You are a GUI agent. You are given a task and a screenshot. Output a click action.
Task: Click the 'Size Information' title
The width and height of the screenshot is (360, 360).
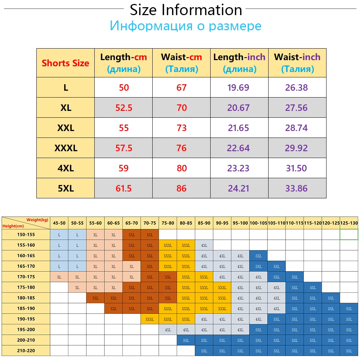(186, 10)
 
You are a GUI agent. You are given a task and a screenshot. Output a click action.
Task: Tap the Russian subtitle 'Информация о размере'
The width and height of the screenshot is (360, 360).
(186, 26)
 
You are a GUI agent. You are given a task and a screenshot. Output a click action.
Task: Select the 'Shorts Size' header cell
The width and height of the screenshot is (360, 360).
(66, 63)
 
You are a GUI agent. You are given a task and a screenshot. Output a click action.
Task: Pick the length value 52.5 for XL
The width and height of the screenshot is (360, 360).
(123, 108)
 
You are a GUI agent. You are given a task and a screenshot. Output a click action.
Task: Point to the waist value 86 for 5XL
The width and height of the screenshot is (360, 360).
(181, 188)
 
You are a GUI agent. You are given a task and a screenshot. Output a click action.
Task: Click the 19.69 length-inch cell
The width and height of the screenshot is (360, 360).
(238, 87)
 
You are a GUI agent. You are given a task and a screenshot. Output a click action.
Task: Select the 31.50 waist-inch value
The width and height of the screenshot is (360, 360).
(296, 168)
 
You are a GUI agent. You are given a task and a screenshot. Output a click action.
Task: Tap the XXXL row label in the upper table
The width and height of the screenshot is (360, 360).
(66, 148)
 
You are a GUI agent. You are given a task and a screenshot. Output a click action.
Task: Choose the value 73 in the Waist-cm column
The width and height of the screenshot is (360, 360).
(181, 128)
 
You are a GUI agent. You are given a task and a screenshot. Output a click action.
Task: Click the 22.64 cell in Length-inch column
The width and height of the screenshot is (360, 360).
(238, 148)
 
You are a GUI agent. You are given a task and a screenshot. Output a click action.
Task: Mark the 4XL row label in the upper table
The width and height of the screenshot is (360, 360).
(66, 168)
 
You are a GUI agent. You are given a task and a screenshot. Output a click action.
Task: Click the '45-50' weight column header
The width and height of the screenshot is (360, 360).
(59, 223)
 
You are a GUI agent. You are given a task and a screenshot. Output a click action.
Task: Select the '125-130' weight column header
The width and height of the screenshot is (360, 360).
(349, 223)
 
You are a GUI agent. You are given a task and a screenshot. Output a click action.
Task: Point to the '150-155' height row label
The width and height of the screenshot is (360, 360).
(25, 235)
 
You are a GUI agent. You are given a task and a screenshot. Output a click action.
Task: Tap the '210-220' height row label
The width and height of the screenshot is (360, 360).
(25, 351)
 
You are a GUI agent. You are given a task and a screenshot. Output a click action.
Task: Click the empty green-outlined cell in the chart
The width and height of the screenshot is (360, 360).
(349, 235)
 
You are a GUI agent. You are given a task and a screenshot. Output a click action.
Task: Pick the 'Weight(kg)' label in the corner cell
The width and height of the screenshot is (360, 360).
(37, 220)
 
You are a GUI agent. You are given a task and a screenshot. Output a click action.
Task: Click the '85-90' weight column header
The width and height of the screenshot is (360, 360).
(204, 223)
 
